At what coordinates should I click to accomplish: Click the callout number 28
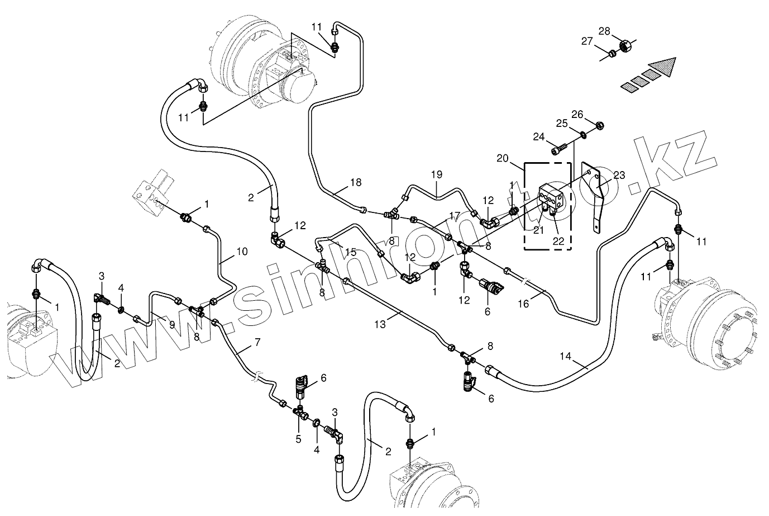pos(605,31)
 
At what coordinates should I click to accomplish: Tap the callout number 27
pos(586,41)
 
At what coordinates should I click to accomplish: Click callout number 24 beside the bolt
pos(538,136)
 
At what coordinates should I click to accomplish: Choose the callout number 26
pos(577,115)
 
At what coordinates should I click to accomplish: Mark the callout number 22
pos(557,241)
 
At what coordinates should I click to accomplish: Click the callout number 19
pos(437,174)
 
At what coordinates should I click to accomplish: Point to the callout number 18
pos(356,182)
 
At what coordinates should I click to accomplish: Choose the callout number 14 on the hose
pos(566,355)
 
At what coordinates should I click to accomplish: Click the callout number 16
pos(523,304)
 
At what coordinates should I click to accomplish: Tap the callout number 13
pos(379,324)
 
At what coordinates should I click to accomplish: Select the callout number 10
pos(242,252)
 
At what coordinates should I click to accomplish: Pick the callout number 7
pos(257,343)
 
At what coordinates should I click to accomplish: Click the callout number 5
pos(298,439)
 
